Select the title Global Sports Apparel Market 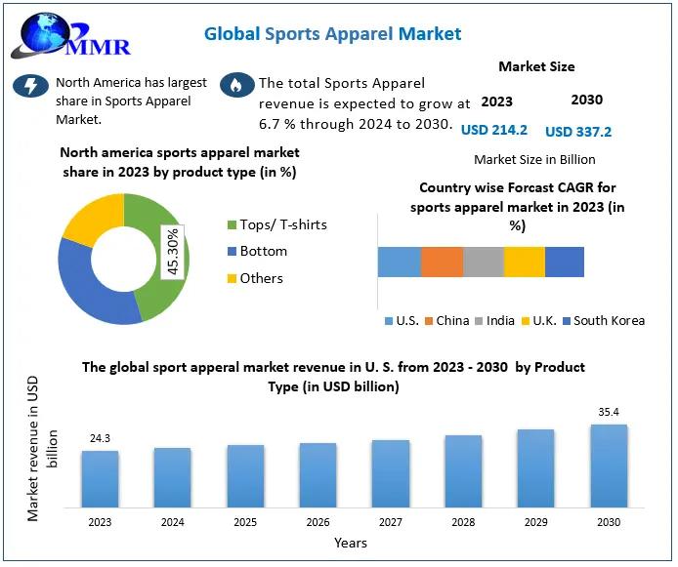pyautogui.click(x=332, y=34)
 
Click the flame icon pyautogui.click(x=234, y=85)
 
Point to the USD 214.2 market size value pyautogui.click(x=494, y=130)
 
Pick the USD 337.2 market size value pyautogui.click(x=578, y=131)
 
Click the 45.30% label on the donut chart pyautogui.click(x=172, y=252)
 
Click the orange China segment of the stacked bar pyautogui.click(x=442, y=262)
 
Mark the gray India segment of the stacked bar pyautogui.click(x=483, y=262)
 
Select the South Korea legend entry pyautogui.click(x=602, y=320)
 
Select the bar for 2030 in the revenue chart pyautogui.click(x=609, y=466)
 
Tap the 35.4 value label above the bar pyautogui.click(x=609, y=413)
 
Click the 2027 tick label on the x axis pyautogui.click(x=391, y=522)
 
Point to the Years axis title pyautogui.click(x=351, y=543)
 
